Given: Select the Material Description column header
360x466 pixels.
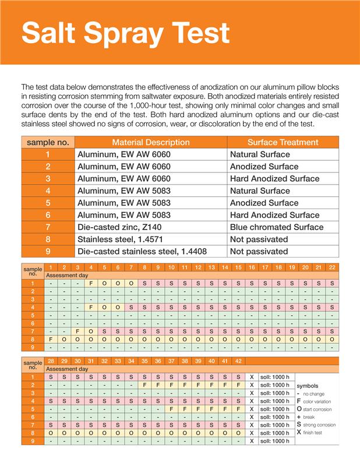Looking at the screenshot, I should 150,142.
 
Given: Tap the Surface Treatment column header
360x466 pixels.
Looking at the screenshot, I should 283,142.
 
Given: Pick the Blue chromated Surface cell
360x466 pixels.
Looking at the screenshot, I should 277,227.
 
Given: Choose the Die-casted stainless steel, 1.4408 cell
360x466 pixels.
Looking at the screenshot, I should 142,252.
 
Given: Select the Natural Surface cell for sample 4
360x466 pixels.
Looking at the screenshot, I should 260,190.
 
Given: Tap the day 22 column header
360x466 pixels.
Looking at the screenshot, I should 332,267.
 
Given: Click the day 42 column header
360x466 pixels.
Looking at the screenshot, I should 238,361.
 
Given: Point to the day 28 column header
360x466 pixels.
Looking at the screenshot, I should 51,361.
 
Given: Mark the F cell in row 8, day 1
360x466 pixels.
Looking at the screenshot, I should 51,339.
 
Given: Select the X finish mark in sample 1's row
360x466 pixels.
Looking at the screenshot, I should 252,377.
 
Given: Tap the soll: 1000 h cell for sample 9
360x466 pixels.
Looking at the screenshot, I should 274,441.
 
